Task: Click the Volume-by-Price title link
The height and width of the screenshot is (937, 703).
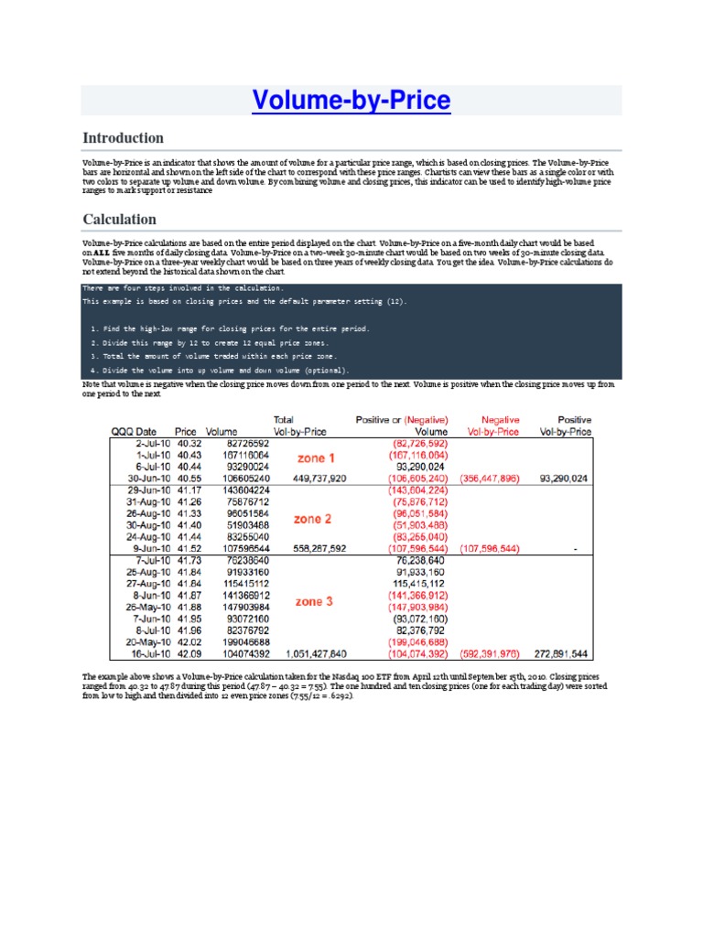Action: tap(351, 100)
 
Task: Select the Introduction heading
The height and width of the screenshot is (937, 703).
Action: tap(124, 138)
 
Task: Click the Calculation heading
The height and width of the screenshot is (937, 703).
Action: tap(119, 220)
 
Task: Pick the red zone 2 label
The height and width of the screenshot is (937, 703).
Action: tap(313, 519)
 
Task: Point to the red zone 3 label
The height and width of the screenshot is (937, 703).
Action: tap(315, 601)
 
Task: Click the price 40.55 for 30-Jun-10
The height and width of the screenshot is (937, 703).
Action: tap(186, 478)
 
